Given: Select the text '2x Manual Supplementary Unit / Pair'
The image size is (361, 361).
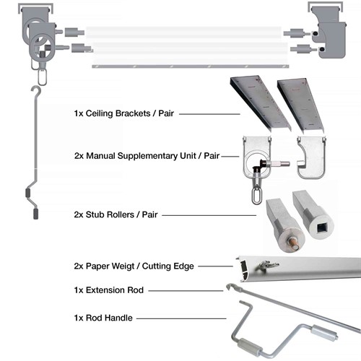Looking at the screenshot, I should tap(146, 155).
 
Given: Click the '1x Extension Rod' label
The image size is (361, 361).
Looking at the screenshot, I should tap(108, 290).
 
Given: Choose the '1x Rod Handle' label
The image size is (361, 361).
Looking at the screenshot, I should tap(103, 317).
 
